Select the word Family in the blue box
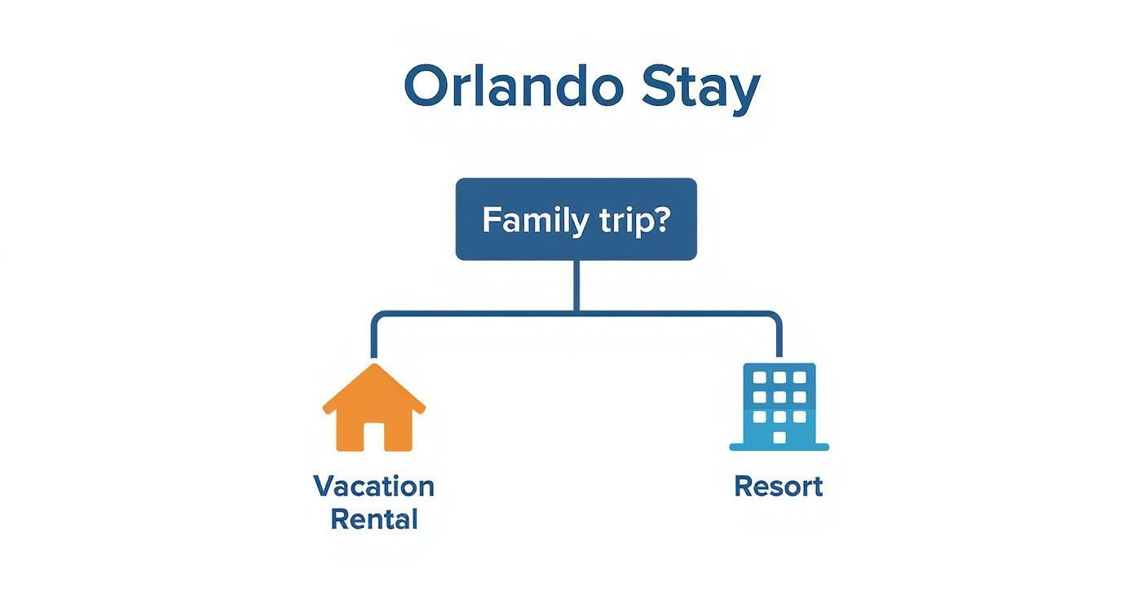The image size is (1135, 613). click(x=526, y=220)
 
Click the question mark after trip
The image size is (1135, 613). click(x=659, y=219)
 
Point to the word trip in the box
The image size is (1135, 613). click(x=613, y=222)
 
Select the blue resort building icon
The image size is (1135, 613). click(x=779, y=406)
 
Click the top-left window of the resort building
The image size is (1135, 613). click(x=758, y=377)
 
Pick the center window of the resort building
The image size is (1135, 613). click(x=779, y=397)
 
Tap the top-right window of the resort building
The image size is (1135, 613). click(x=800, y=377)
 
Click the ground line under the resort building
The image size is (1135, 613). click(x=779, y=447)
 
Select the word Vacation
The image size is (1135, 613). click(x=374, y=487)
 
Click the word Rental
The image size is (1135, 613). click(x=374, y=519)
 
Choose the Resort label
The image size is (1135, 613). click(x=779, y=487)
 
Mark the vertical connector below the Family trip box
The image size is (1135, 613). click(x=576, y=285)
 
